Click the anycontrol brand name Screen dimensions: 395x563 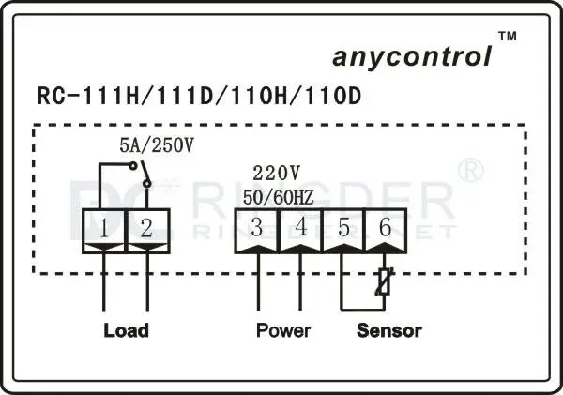(x=411, y=57)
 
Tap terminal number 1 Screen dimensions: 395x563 (x=103, y=226)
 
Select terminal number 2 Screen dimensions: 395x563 (x=146, y=226)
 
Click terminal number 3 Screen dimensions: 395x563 (x=257, y=226)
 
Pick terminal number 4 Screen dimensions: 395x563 (x=300, y=226)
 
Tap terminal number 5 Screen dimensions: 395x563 (x=343, y=226)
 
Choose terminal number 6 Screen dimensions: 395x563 (x=385, y=226)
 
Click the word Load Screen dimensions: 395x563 (x=125, y=330)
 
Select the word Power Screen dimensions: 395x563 (x=282, y=330)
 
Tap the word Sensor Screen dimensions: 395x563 (x=388, y=330)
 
